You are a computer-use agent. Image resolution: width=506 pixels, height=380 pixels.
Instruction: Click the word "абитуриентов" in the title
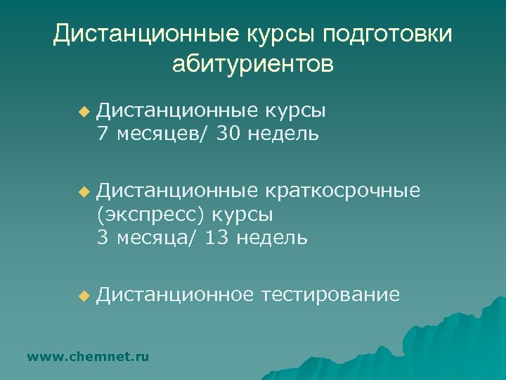click(x=253, y=64)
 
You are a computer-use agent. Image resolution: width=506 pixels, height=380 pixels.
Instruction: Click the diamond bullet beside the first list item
click(x=84, y=112)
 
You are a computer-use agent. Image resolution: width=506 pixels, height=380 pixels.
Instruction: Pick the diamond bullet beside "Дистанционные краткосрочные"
click(x=84, y=191)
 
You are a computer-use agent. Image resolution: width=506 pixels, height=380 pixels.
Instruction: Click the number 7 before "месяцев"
click(x=103, y=133)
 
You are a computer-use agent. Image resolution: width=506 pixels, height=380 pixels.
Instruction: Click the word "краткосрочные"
click(x=344, y=190)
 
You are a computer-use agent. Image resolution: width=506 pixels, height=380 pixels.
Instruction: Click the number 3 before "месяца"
click(x=103, y=237)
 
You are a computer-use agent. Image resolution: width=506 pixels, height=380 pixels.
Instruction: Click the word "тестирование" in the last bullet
click(x=330, y=295)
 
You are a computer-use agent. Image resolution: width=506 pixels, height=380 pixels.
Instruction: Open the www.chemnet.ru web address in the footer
click(x=88, y=357)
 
